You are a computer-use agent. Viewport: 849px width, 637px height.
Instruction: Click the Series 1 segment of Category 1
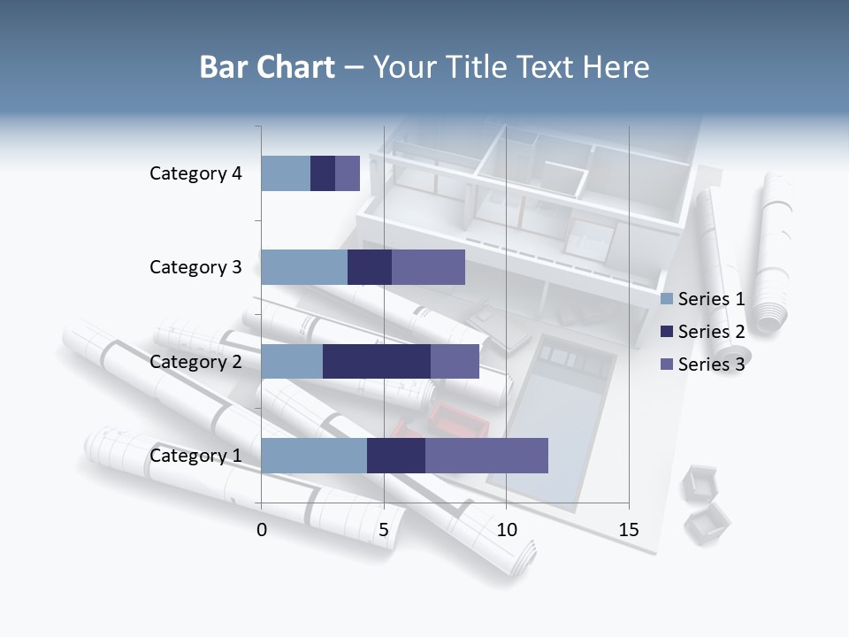pos(314,456)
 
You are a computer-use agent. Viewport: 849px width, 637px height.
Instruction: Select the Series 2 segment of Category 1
pos(396,456)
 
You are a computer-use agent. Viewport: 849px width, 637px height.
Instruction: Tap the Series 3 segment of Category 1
pos(486,456)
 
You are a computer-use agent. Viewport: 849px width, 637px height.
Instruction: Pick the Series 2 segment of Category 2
pos(377,361)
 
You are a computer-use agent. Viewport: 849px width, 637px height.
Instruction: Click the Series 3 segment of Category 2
pos(455,361)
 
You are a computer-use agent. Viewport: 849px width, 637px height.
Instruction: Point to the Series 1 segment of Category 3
pos(304,267)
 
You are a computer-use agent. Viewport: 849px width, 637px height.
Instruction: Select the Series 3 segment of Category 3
pos(428,267)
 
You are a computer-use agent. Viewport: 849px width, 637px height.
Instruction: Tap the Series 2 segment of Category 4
pos(323,173)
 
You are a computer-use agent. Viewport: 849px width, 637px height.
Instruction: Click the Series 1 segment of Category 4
pos(286,173)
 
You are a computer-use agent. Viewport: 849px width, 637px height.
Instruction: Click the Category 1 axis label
pos(195,456)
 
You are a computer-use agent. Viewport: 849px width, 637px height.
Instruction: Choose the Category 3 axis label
pos(195,267)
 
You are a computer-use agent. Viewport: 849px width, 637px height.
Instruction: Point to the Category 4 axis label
pos(195,173)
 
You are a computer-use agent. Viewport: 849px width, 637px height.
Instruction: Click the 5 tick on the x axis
pos(384,530)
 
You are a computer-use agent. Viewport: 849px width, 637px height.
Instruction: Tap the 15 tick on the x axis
pos(629,530)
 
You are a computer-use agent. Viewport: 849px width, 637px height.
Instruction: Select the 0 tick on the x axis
pos(262,530)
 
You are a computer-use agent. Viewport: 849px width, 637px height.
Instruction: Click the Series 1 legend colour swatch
pos(666,299)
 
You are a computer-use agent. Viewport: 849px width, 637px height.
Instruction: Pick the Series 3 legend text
pos(711,365)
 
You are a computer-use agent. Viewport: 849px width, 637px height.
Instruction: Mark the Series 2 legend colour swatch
pos(666,332)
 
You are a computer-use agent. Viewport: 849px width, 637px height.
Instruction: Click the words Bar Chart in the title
pos(267,67)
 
